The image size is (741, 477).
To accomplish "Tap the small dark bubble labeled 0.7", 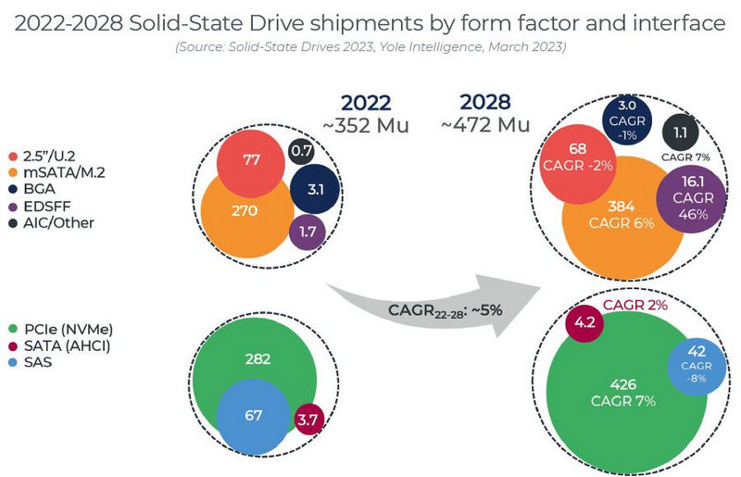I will [300, 149].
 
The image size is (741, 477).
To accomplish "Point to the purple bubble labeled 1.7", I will [307, 231].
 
